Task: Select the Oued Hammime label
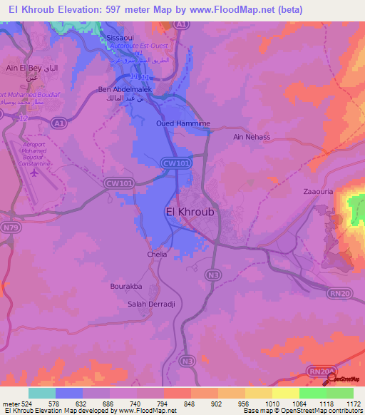tap(182, 123)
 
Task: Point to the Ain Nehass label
tap(252, 136)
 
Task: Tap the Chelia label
tap(157, 254)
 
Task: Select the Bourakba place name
tap(126, 286)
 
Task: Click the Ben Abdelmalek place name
tap(122, 90)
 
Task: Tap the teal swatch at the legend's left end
tap(41, 393)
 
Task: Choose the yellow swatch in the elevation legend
tap(285, 393)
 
